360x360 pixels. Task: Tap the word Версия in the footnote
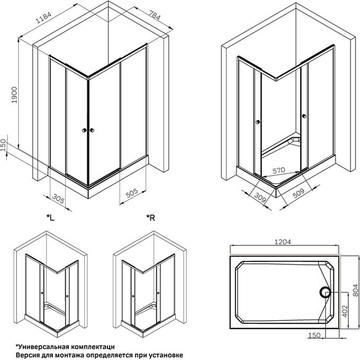coord(28,354)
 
